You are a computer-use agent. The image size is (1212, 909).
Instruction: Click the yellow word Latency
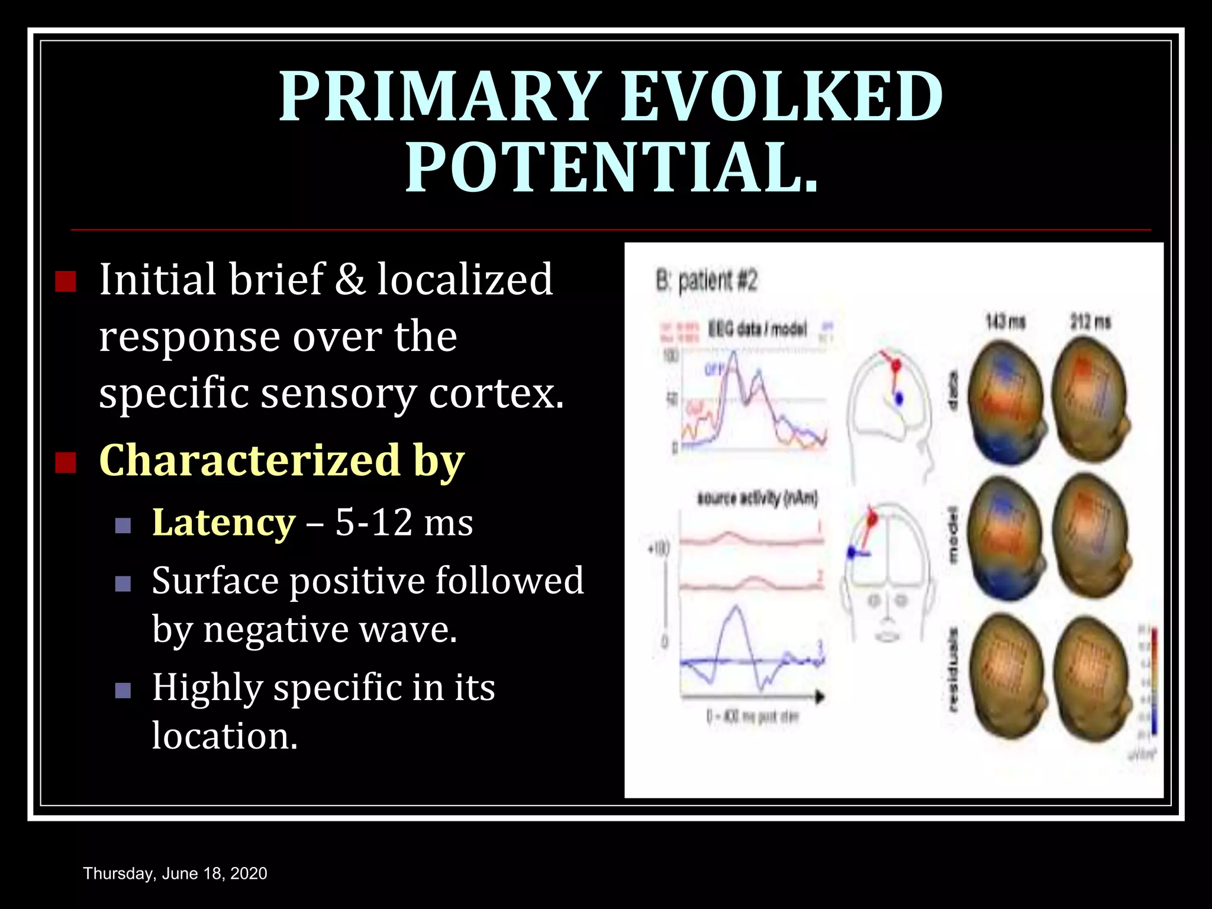[x=223, y=523]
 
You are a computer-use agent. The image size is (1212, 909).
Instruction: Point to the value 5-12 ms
[x=404, y=523]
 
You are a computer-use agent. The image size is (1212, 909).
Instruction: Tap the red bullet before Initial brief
[x=65, y=282]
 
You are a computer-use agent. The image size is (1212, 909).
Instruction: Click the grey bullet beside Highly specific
[x=123, y=690]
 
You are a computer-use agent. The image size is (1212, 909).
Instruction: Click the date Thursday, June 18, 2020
[x=175, y=873]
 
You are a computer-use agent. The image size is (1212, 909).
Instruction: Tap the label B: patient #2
[x=706, y=281]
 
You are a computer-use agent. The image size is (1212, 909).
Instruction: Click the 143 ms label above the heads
[x=1004, y=323]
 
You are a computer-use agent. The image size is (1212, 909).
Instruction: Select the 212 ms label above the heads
[x=1089, y=323]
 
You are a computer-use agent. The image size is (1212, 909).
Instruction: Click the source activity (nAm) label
[x=757, y=498]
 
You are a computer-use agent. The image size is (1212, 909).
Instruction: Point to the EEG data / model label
[x=757, y=329]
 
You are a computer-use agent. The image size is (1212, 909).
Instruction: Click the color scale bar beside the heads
[x=1153, y=681]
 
